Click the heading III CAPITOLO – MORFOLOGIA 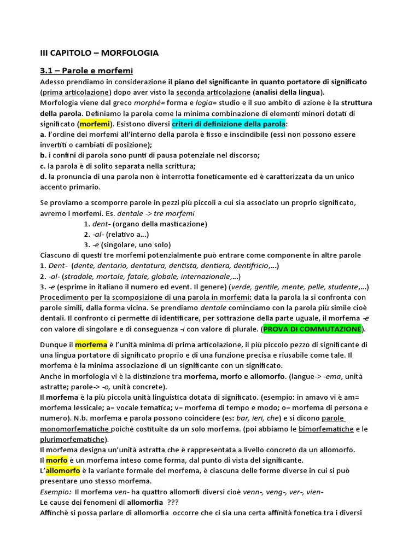[x=100, y=53]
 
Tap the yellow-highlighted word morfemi [x=95, y=124]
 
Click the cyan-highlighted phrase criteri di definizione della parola [x=229, y=124]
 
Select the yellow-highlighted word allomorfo [x=63, y=470]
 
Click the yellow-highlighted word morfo [x=57, y=460]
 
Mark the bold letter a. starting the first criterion [x=43, y=134]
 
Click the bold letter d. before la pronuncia [x=43, y=177]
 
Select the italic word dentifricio [x=246, y=266]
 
